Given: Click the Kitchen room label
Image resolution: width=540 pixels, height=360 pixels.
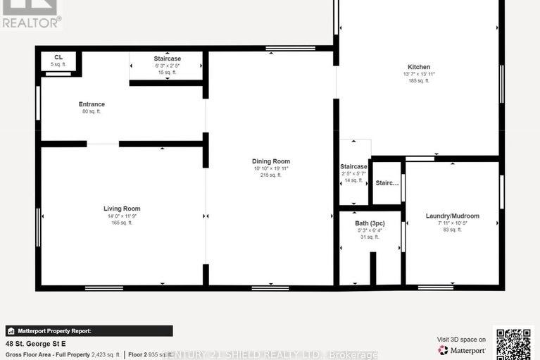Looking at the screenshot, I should (418, 67).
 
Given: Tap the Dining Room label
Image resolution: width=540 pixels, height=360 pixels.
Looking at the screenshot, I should (271, 161).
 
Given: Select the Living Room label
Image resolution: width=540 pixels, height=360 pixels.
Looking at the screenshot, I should (122, 209).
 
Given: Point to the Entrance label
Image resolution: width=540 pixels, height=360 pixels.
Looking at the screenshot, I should (92, 104).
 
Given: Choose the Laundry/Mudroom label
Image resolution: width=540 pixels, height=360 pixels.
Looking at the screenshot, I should (452, 216).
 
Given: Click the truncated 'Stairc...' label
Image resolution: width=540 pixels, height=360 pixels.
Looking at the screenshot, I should (387, 182).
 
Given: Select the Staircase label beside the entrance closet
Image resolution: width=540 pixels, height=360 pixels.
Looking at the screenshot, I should (167, 58).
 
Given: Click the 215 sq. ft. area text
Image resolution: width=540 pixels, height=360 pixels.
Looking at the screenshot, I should (271, 175).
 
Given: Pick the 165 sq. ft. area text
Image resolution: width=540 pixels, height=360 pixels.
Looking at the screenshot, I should (122, 223).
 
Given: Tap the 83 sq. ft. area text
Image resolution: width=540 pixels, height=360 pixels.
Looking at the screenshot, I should (452, 230).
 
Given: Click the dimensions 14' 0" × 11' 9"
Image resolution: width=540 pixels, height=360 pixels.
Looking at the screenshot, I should (122, 216).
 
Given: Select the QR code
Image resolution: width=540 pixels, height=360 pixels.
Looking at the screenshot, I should (514, 344).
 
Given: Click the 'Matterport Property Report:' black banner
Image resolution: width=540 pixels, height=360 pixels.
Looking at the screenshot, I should (89, 330).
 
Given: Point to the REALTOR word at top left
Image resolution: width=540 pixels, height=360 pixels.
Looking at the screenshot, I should (31, 22).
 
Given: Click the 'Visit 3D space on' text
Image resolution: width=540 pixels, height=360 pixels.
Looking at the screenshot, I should (461, 339).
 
